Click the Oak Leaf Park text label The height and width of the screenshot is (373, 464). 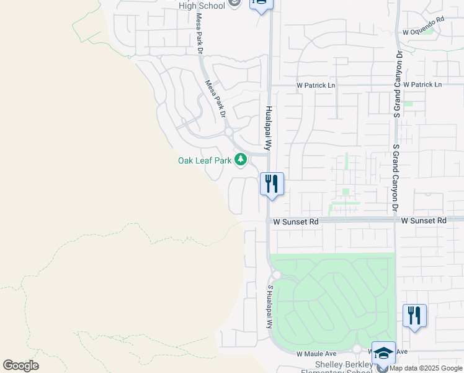click(205, 160)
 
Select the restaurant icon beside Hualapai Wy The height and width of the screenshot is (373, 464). click(272, 183)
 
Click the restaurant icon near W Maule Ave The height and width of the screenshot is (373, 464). click(414, 315)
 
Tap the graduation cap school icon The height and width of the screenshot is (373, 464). click(383, 352)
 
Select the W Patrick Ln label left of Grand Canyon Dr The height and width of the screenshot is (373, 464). click(316, 85)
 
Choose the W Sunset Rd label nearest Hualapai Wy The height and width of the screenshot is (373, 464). click(296, 221)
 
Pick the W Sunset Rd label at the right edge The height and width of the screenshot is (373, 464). click(424, 221)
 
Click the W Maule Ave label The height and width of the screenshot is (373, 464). click(316, 354)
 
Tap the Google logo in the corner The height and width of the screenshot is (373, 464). click(20, 366)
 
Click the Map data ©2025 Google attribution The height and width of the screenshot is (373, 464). click(426, 368)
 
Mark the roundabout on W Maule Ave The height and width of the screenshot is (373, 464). click(357, 349)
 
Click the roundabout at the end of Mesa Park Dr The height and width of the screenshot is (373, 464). click(228, 132)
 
